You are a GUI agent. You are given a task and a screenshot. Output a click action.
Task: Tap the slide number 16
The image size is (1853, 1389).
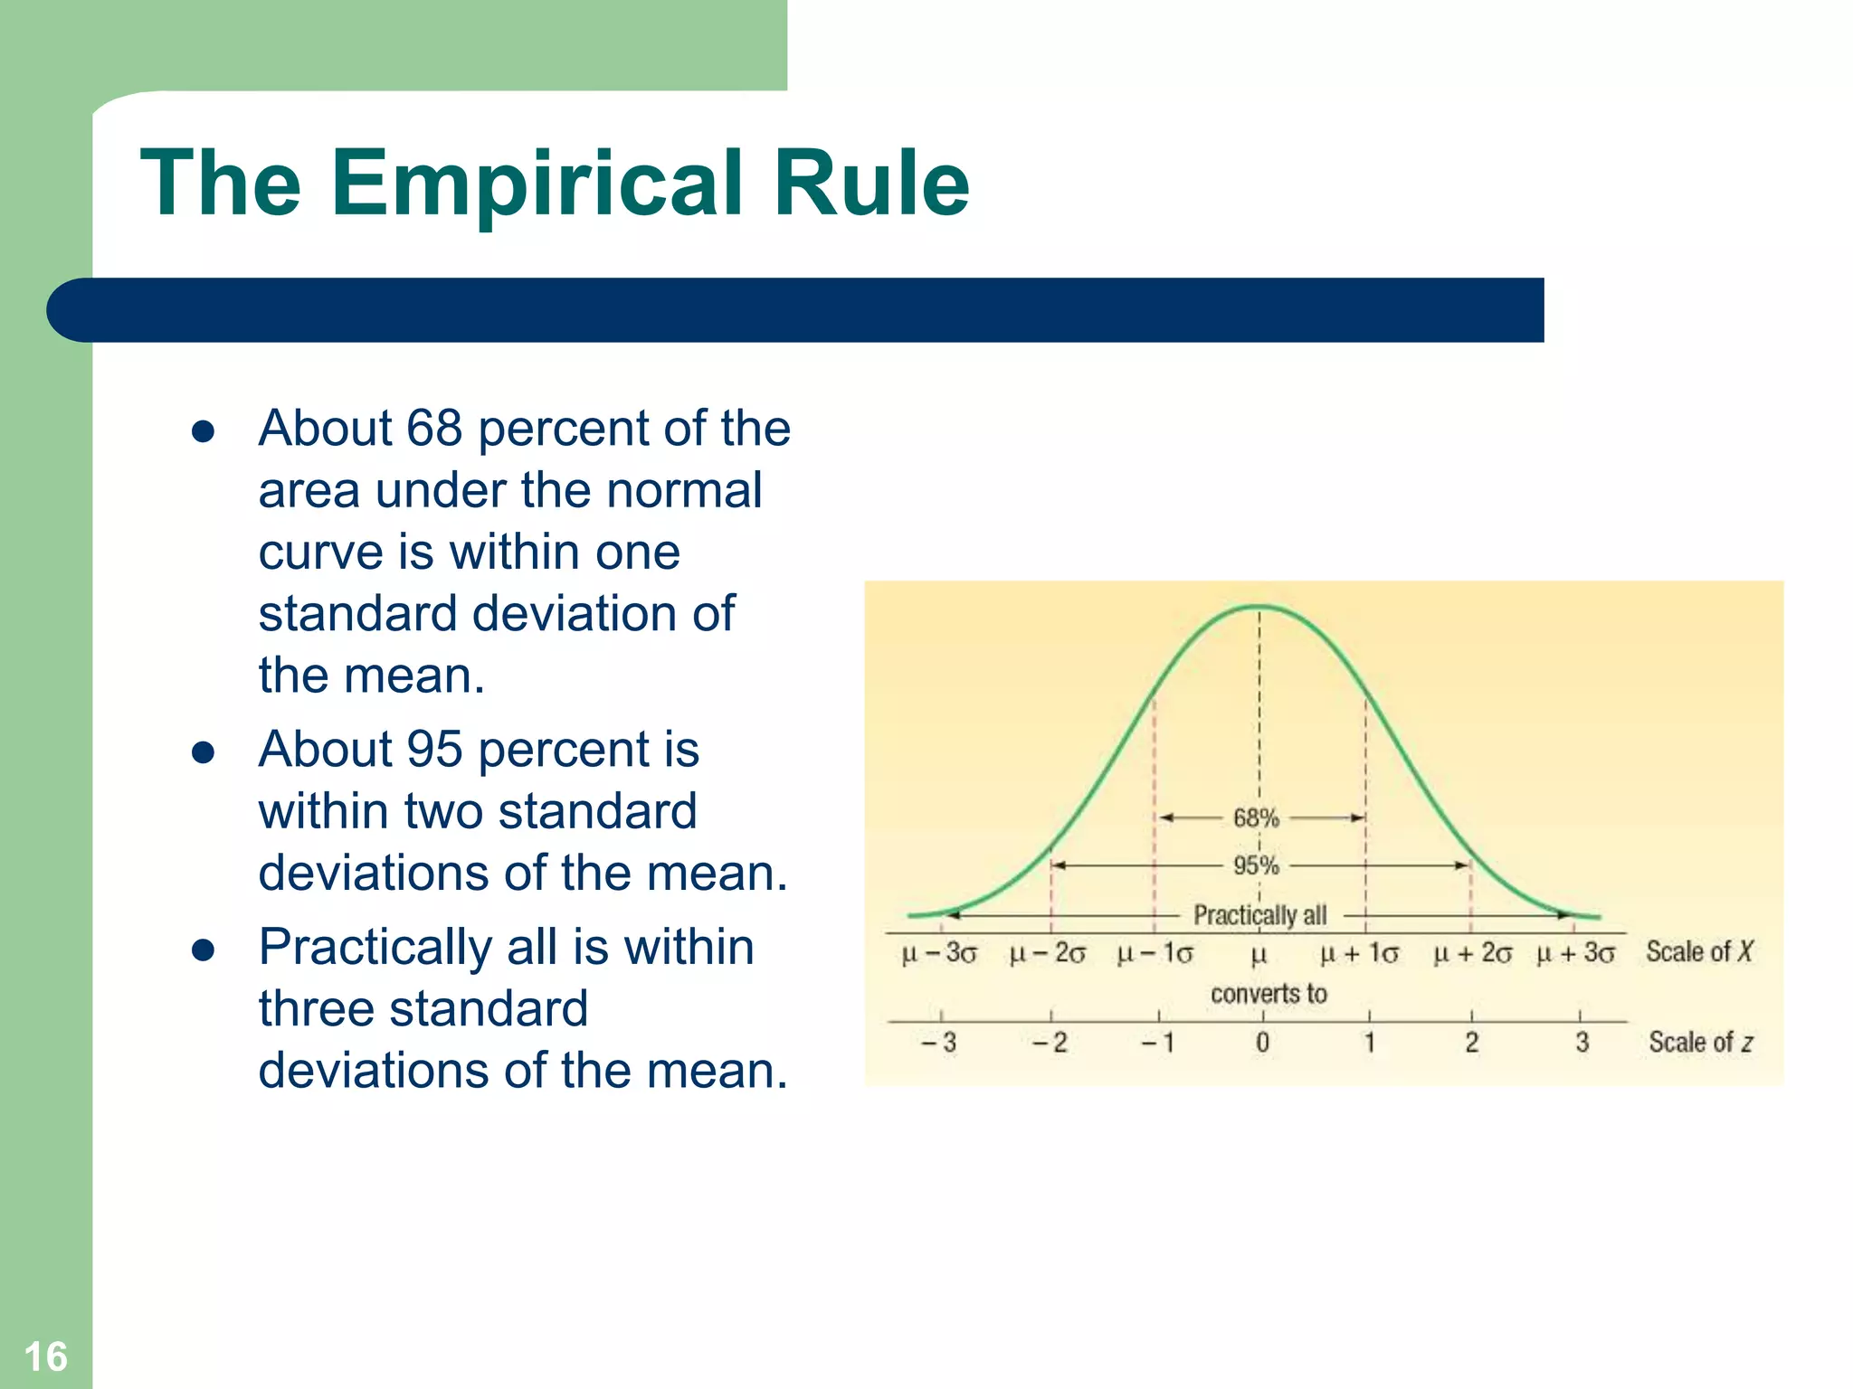pyautogui.click(x=45, y=1356)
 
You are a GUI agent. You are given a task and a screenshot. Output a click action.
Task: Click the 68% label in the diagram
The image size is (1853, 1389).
pyautogui.click(x=1256, y=817)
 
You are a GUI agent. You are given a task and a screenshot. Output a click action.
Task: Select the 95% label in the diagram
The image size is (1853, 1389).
pyautogui.click(x=1256, y=865)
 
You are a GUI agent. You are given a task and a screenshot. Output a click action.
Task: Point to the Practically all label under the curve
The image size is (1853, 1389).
pyautogui.click(x=1259, y=915)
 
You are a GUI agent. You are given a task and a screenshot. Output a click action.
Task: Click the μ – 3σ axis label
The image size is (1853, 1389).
pyautogui.click(x=939, y=953)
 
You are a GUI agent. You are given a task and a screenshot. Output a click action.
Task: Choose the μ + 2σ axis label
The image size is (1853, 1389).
pyautogui.click(x=1472, y=953)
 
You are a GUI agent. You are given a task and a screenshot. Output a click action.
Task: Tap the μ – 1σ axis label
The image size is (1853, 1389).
pyautogui.click(x=1155, y=953)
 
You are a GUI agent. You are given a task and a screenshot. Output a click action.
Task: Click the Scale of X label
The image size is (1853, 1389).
pyautogui.click(x=1698, y=951)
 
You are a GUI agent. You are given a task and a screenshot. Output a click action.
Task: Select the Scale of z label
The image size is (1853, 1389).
pyautogui.click(x=1700, y=1042)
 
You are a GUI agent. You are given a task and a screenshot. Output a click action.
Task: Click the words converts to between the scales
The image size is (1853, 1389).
pyautogui.click(x=1269, y=994)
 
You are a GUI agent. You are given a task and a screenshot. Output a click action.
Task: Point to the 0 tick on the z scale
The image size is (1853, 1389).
pyautogui.click(x=1262, y=1043)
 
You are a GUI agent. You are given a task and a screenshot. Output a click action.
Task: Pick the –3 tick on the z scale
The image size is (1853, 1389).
pyautogui.click(x=939, y=1043)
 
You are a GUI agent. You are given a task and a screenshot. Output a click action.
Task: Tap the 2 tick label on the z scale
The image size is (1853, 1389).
pyautogui.click(x=1472, y=1043)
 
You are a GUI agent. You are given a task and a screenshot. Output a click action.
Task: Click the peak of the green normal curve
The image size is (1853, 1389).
pyautogui.click(x=1259, y=607)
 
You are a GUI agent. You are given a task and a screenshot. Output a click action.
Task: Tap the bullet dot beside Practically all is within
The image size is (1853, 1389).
pyautogui.click(x=203, y=950)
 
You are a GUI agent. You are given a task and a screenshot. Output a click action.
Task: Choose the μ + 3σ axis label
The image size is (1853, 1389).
pyautogui.click(x=1575, y=953)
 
